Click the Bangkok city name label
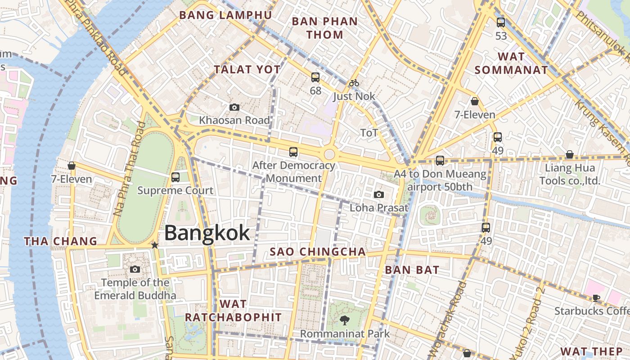point(207,233)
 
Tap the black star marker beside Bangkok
point(155,245)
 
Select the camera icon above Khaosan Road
point(234,107)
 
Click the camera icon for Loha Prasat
point(379,194)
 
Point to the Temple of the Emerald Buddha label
point(135,289)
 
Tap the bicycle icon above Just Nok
point(354,83)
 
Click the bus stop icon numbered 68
point(315,77)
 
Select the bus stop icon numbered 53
point(501,22)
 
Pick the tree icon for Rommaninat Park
point(345,320)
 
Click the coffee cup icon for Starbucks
point(596,297)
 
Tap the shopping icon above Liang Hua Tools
point(570,154)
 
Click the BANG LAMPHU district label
point(225,15)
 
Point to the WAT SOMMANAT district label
point(511,63)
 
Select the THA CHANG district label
point(61,241)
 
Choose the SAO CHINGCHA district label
point(318,252)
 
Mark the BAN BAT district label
point(412,270)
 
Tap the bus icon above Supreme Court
point(175,177)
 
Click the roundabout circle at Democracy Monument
point(329,154)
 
